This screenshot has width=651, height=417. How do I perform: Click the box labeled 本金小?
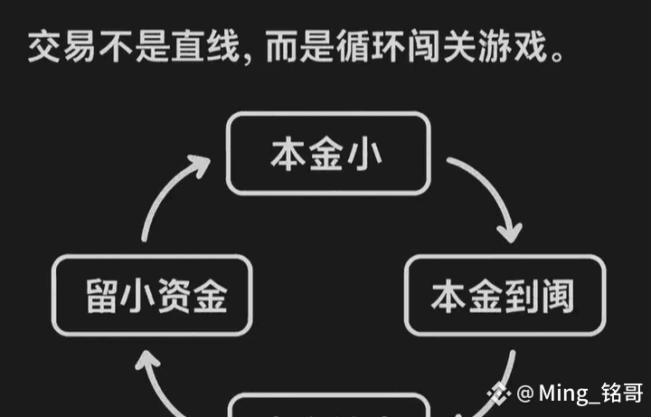326,154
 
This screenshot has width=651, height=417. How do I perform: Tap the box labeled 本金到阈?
504,296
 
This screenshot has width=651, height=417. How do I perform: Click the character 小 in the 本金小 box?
365,154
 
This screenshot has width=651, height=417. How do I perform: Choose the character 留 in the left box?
103,296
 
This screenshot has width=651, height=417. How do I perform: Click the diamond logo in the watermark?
499,393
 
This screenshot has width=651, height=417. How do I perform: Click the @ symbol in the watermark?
525,393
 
